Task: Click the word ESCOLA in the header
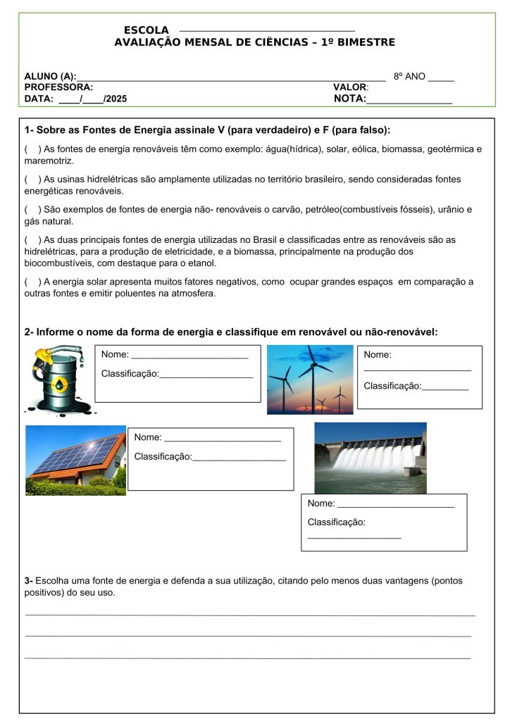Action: tap(147, 30)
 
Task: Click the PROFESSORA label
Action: tap(58, 87)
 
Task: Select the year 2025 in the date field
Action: tap(116, 99)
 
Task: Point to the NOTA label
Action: tap(349, 99)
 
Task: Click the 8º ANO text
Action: tap(409, 76)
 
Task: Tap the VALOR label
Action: tap(350, 87)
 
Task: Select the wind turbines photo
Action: tap(310, 380)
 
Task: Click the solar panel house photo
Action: tap(76, 460)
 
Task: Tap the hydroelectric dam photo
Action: tap(370, 458)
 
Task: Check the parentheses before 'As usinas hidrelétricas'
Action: tap(32, 180)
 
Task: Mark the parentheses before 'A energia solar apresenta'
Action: tap(32, 282)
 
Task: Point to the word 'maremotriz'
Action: tap(49, 161)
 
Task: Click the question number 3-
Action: tap(29, 581)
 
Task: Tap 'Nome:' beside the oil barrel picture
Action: tap(115, 354)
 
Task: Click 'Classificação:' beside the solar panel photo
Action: tap(163, 457)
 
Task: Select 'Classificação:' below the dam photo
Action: tap(336, 522)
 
